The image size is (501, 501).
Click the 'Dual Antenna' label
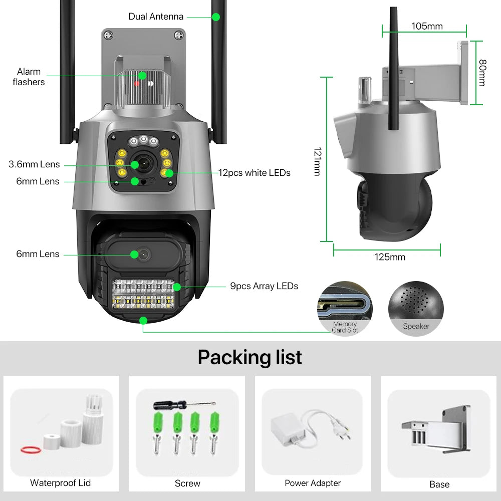(x=156, y=17)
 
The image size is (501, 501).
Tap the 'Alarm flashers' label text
(x=29, y=77)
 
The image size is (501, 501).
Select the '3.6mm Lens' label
(x=34, y=164)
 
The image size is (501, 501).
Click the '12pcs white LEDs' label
(x=254, y=173)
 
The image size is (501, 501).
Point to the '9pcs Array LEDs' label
(x=264, y=286)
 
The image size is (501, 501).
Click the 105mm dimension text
(x=427, y=26)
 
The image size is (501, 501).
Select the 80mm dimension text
(x=482, y=73)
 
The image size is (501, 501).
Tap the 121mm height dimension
(x=317, y=161)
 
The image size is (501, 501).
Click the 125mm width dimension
(x=390, y=257)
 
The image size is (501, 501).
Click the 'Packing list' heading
(x=249, y=357)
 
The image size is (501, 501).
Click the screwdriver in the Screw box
(x=183, y=404)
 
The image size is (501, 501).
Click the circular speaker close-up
(x=416, y=308)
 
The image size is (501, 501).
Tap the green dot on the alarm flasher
(x=143, y=76)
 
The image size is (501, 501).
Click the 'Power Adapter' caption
(x=313, y=483)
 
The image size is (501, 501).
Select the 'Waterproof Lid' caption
(x=60, y=483)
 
